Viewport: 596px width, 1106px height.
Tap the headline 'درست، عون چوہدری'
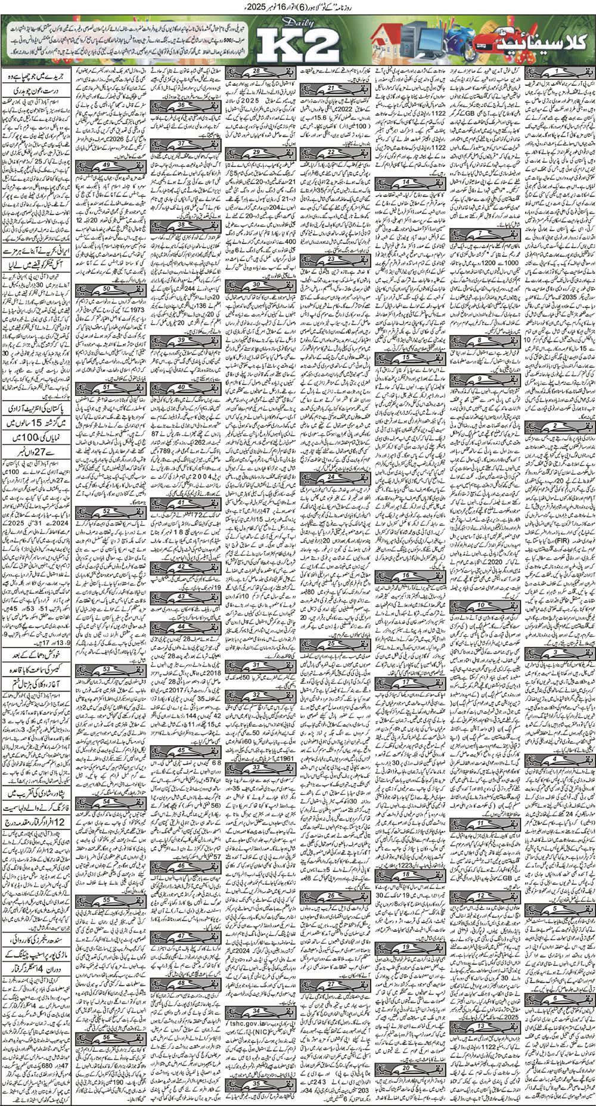point(36,93)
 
